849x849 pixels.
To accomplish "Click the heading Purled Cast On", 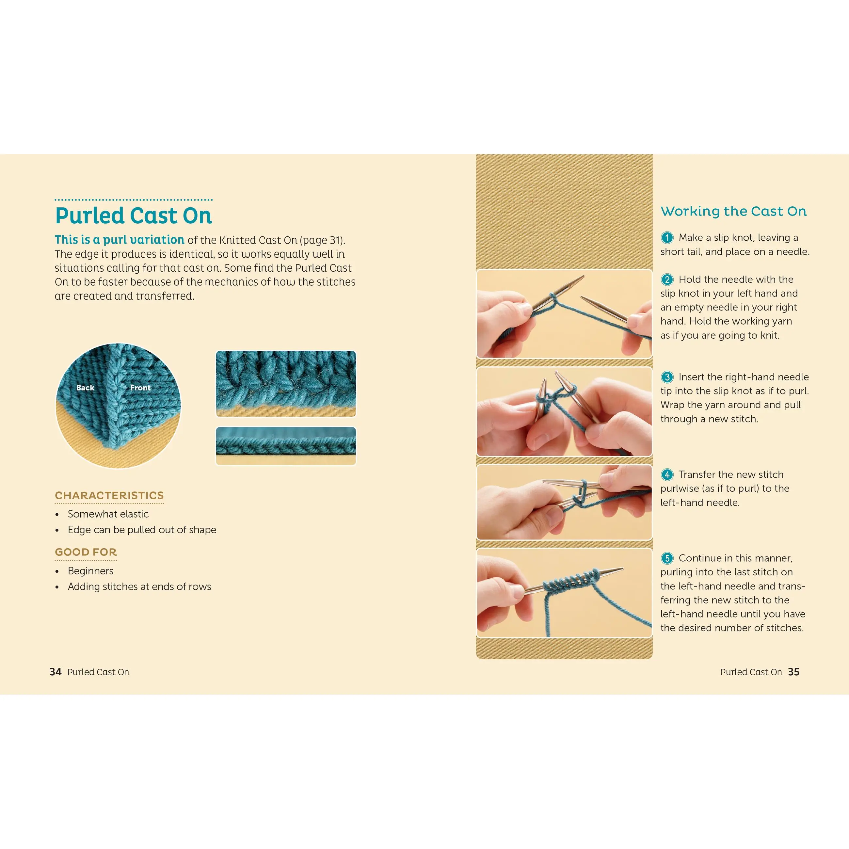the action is pos(134,216).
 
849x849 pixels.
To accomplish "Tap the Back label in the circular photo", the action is pos(85,388).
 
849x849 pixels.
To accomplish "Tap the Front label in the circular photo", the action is pos(140,388).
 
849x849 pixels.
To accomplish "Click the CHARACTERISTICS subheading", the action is pos(109,495).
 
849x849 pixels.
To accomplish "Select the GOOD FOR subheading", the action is pos(86,552).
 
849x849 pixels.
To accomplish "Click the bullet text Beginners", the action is pos(90,571).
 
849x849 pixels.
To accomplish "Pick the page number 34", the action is pos(56,672).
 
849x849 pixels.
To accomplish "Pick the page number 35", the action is pos(793,672).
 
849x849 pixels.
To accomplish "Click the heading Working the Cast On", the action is pos(733,211).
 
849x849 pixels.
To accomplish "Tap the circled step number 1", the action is pos(667,238).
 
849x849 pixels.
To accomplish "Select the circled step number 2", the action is pos(667,280).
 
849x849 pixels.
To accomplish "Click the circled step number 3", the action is pos(667,377).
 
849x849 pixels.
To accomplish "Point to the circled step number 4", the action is pos(667,474).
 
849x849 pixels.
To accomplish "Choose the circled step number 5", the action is pos(667,558).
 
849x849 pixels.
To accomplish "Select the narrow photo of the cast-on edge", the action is pos(286,446).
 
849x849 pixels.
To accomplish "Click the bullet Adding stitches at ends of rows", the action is pos(139,587).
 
